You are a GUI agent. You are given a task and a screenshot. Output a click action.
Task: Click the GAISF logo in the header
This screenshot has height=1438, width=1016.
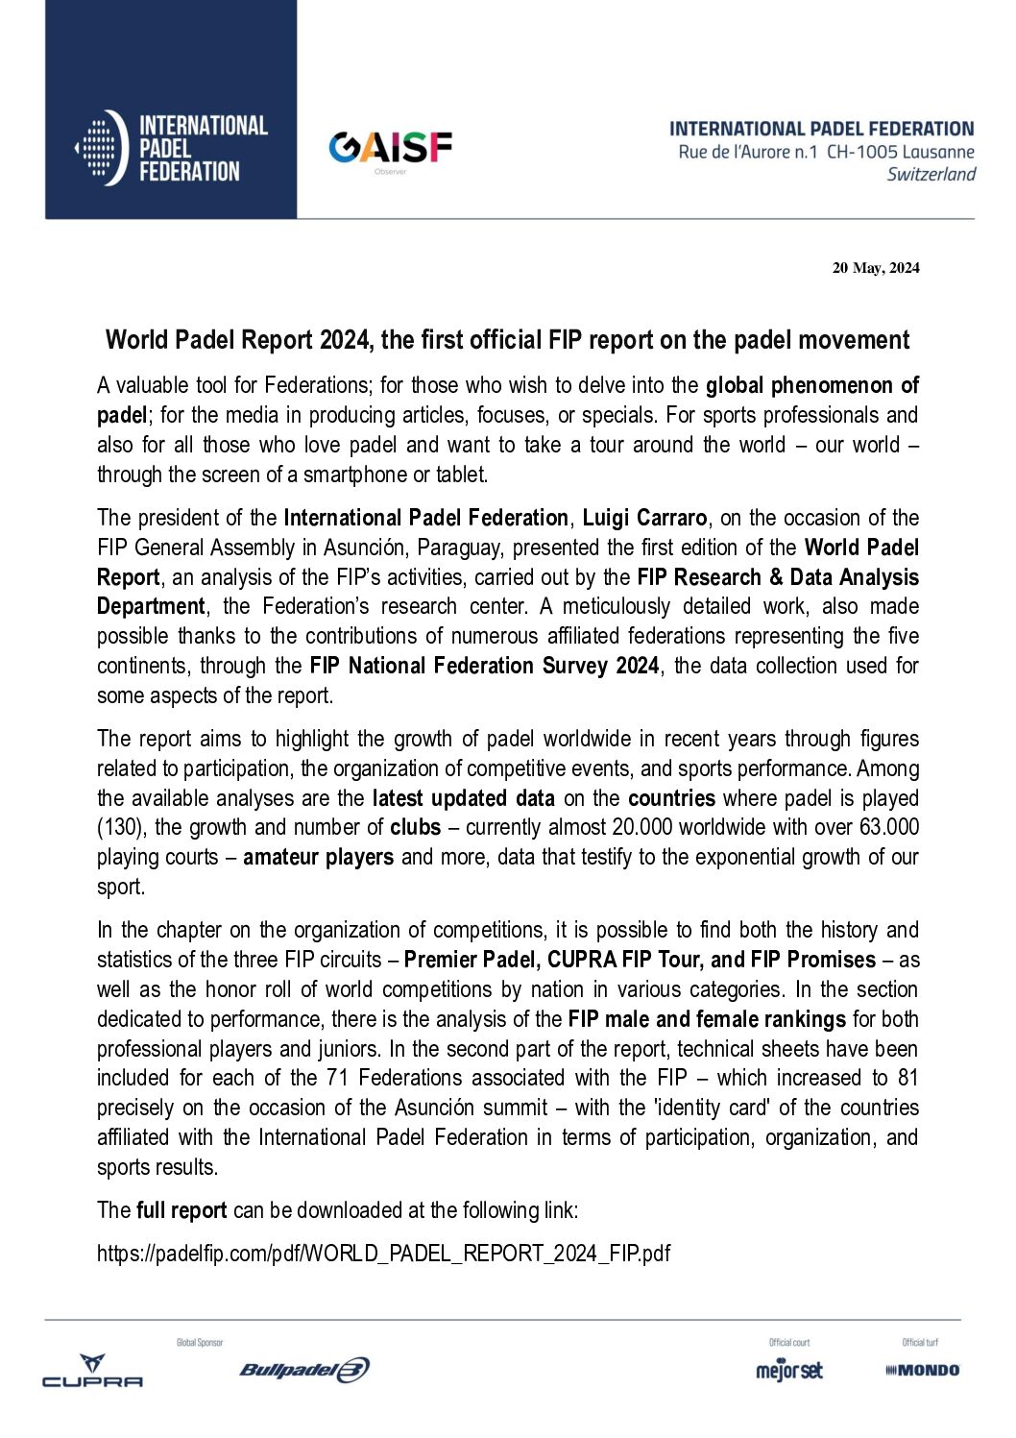coord(390,149)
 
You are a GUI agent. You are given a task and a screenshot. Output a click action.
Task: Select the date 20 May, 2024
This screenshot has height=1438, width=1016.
coord(875,268)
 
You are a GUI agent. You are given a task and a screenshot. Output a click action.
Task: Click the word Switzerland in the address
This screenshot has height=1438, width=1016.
coord(931,175)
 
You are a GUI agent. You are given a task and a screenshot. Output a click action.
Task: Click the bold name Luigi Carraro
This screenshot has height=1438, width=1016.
coord(644,518)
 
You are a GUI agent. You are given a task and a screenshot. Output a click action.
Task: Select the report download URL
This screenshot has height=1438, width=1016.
coord(383,1254)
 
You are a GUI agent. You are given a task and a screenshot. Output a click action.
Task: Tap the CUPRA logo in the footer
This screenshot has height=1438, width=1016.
coord(92,1371)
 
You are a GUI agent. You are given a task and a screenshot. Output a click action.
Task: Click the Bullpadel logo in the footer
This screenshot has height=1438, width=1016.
coord(304,1370)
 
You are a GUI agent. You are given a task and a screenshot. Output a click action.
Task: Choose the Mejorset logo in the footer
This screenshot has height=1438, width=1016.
coord(789,1371)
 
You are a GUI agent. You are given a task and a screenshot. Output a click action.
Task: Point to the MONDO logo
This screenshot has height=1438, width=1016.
coord(922,1371)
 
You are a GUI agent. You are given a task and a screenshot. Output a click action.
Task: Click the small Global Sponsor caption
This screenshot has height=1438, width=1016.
coord(200,1343)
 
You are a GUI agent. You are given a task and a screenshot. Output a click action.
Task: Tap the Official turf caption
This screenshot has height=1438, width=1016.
coord(920,1343)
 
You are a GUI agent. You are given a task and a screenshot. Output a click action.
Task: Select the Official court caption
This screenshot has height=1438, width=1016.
coord(789,1343)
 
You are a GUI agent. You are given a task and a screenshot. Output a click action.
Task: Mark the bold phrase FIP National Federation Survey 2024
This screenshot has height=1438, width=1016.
coord(484,666)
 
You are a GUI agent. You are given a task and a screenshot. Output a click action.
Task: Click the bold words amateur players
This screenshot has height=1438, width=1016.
coord(318,858)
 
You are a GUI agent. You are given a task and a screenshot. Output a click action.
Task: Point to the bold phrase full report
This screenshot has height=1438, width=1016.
coord(181,1210)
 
